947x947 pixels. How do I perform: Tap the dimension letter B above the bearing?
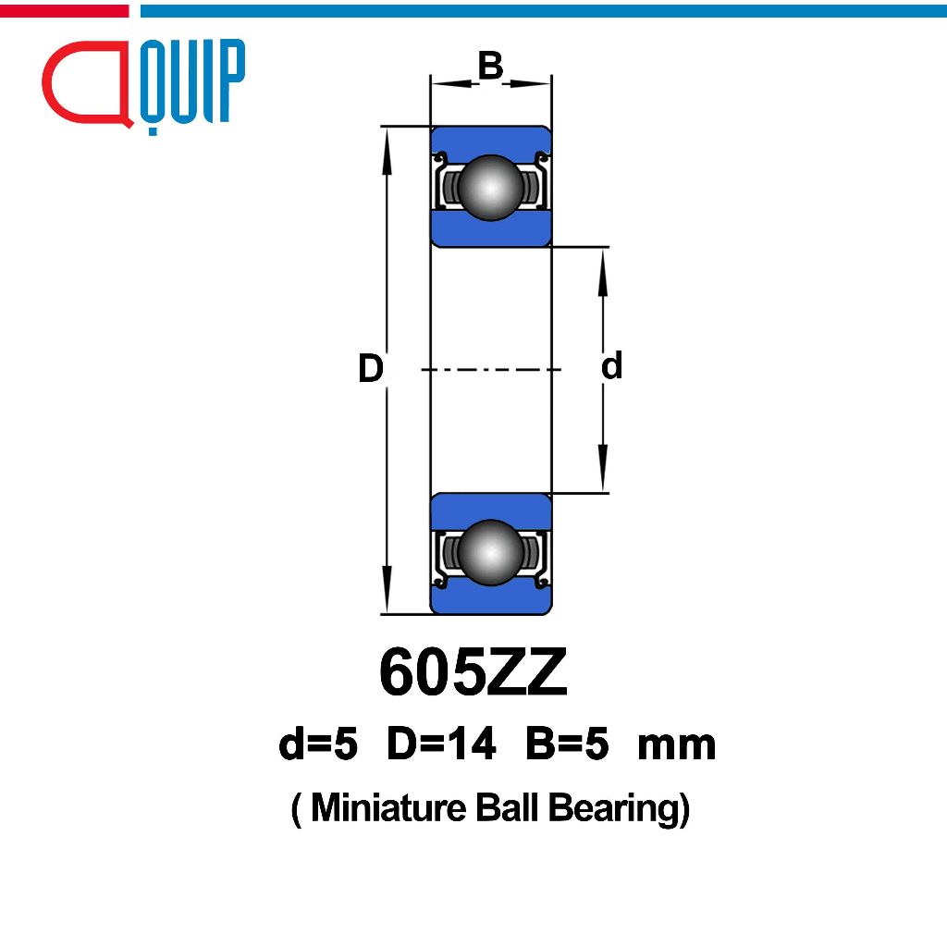point(490,66)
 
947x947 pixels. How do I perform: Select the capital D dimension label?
point(371,369)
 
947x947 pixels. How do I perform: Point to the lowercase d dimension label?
point(611,366)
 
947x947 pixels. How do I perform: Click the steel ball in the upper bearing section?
point(489,187)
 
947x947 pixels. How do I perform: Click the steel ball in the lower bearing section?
point(490,552)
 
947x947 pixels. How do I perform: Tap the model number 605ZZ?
point(473,675)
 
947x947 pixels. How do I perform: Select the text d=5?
point(317,744)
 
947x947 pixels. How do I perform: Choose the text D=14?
point(441,744)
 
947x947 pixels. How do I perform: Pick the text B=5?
point(566,744)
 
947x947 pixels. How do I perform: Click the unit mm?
point(676,745)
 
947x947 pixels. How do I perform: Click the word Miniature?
point(388,808)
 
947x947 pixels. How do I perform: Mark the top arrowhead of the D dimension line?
point(386,140)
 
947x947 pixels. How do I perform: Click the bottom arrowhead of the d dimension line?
point(602,477)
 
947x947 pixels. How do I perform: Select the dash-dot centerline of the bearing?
point(490,370)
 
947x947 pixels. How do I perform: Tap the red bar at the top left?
point(64,11)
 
